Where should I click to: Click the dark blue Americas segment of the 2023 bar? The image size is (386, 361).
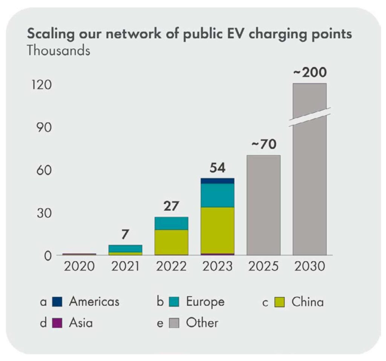(218, 181)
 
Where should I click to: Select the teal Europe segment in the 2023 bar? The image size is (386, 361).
(218, 195)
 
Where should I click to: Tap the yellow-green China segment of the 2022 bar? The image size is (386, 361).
(172, 242)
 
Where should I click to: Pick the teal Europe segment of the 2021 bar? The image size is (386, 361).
(125, 248)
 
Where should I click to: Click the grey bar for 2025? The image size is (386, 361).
(263, 205)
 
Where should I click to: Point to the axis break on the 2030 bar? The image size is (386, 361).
(310, 117)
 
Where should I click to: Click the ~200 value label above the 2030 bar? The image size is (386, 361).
(310, 72)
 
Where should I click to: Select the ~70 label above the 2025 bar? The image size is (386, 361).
(264, 144)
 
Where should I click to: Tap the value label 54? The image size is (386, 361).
(218, 168)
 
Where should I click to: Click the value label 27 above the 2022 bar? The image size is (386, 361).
(172, 206)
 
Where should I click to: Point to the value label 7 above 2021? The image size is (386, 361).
(125, 234)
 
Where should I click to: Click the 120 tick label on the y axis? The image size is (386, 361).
(41, 85)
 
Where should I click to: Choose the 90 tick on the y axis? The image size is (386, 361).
(44, 128)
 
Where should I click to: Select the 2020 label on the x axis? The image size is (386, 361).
(79, 266)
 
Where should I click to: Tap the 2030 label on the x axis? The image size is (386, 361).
(310, 266)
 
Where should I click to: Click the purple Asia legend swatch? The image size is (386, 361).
(57, 323)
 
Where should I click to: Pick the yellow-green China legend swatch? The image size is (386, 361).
(280, 302)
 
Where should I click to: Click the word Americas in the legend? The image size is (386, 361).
(94, 302)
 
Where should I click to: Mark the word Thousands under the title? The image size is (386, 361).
(58, 51)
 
